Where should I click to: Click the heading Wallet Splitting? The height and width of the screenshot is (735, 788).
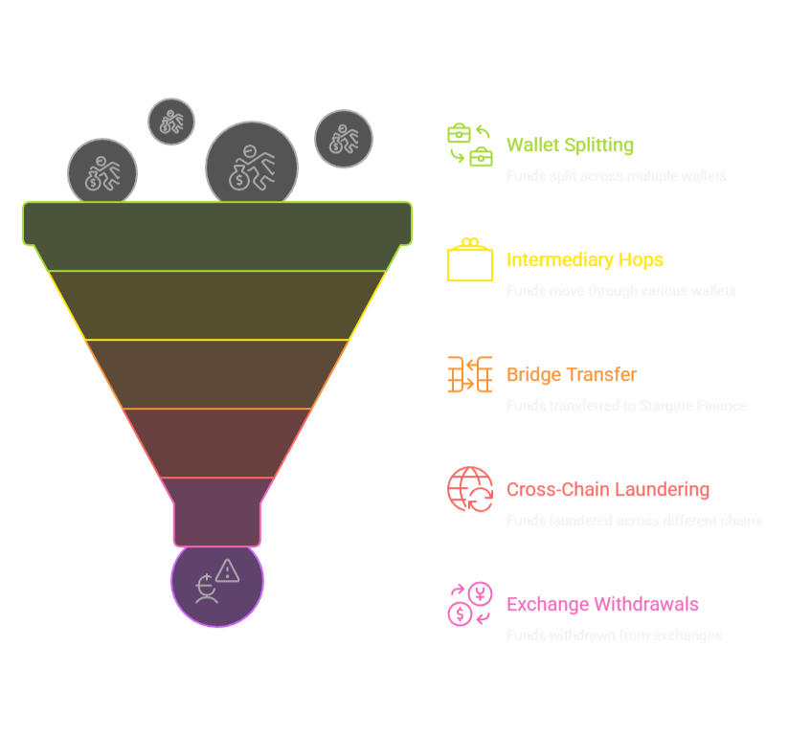570,145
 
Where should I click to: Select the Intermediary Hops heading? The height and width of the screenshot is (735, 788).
584,260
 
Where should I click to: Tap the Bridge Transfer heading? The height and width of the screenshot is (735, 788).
571,375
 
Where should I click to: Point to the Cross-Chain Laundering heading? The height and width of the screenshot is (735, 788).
608,490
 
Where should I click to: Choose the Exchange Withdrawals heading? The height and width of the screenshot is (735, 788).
602,605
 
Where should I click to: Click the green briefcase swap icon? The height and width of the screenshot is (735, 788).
470,145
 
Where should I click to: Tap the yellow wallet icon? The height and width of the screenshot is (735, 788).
470,260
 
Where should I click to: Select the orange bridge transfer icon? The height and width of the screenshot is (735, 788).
470,374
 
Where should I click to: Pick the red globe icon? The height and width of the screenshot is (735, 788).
470,489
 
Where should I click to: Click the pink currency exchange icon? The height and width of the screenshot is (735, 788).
470,604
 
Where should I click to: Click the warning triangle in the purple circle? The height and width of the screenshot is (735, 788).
228,571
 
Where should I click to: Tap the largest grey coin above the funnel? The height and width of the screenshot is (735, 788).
251,167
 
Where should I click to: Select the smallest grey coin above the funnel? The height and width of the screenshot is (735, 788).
171,122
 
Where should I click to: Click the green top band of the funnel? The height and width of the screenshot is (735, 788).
217,224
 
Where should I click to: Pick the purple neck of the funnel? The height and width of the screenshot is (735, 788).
217,512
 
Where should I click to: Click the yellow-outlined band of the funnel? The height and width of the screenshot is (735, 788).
217,305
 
